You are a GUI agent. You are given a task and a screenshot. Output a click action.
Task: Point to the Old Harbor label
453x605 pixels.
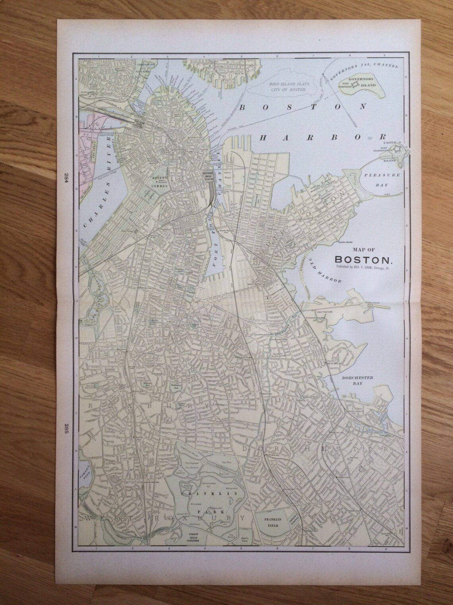pos(327,274)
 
